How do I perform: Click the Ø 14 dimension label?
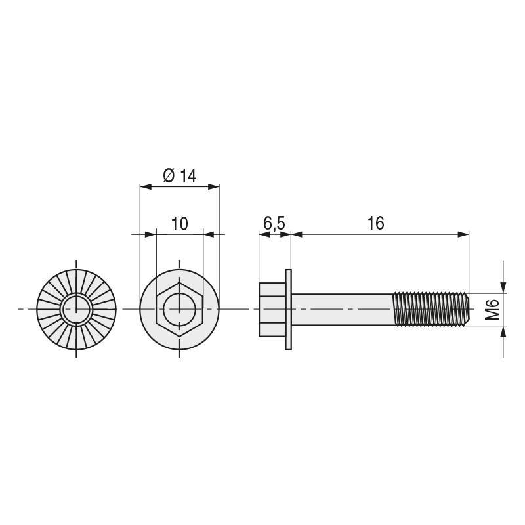179,176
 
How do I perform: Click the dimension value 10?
179,224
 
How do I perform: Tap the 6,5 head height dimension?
274,224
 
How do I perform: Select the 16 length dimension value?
375,224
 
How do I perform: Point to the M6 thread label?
493,308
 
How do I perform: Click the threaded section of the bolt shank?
430,308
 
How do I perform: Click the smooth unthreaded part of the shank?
341,308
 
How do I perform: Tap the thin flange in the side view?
288,308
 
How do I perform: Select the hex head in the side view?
272,308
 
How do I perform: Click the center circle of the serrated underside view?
76,308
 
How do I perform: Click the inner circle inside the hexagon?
179,308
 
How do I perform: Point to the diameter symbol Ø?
168,176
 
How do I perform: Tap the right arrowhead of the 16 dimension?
465,234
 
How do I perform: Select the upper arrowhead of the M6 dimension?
503,287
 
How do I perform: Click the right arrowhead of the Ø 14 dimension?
215,187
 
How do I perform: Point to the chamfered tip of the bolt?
467,308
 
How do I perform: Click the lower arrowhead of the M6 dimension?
503,331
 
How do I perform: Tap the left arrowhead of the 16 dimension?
295,234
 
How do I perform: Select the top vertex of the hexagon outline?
179,282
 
